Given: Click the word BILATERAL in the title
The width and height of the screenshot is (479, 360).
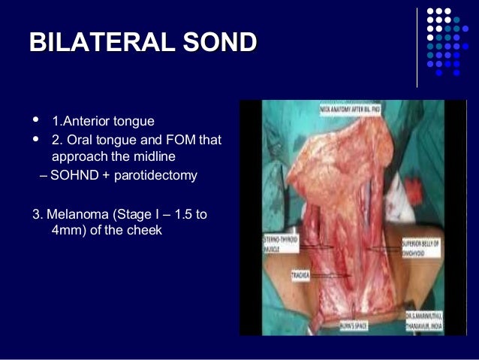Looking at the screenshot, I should click(98, 43).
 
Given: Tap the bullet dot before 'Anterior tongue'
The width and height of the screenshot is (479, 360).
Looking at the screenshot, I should click(37, 119).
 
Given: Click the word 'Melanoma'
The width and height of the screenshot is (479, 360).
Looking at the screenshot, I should click(80, 215).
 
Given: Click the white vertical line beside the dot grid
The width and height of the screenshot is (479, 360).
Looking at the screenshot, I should click(417, 47).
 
